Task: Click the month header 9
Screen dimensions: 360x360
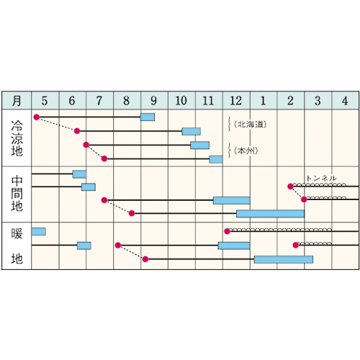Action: click(x=154, y=101)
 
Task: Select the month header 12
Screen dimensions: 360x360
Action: click(x=236, y=101)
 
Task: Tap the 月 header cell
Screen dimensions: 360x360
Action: click(x=17, y=101)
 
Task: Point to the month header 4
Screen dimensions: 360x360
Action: click(x=345, y=101)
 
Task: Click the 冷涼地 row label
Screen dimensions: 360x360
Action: click(x=17, y=138)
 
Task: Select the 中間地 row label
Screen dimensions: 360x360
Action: click(x=17, y=194)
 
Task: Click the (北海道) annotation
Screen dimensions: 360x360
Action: click(x=251, y=125)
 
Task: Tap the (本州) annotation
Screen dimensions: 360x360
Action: click(x=246, y=150)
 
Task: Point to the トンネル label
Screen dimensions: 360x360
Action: click(x=321, y=178)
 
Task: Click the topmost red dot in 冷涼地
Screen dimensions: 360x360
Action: click(x=37, y=117)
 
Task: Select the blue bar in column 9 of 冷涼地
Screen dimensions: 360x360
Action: click(x=148, y=117)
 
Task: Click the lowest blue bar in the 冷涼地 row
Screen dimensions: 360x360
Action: click(x=216, y=159)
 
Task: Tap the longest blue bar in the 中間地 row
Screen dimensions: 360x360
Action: click(x=270, y=214)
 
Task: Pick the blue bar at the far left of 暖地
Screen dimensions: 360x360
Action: click(x=39, y=232)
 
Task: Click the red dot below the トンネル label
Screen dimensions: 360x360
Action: click(x=290, y=186)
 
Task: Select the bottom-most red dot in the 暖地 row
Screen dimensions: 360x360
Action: click(x=145, y=259)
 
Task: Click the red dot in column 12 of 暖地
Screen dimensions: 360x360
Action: click(x=227, y=231)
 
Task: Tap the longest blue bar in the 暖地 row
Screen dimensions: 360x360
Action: click(x=284, y=259)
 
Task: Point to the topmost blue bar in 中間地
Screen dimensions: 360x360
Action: click(x=79, y=174)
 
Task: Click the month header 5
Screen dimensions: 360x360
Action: click(x=45, y=101)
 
